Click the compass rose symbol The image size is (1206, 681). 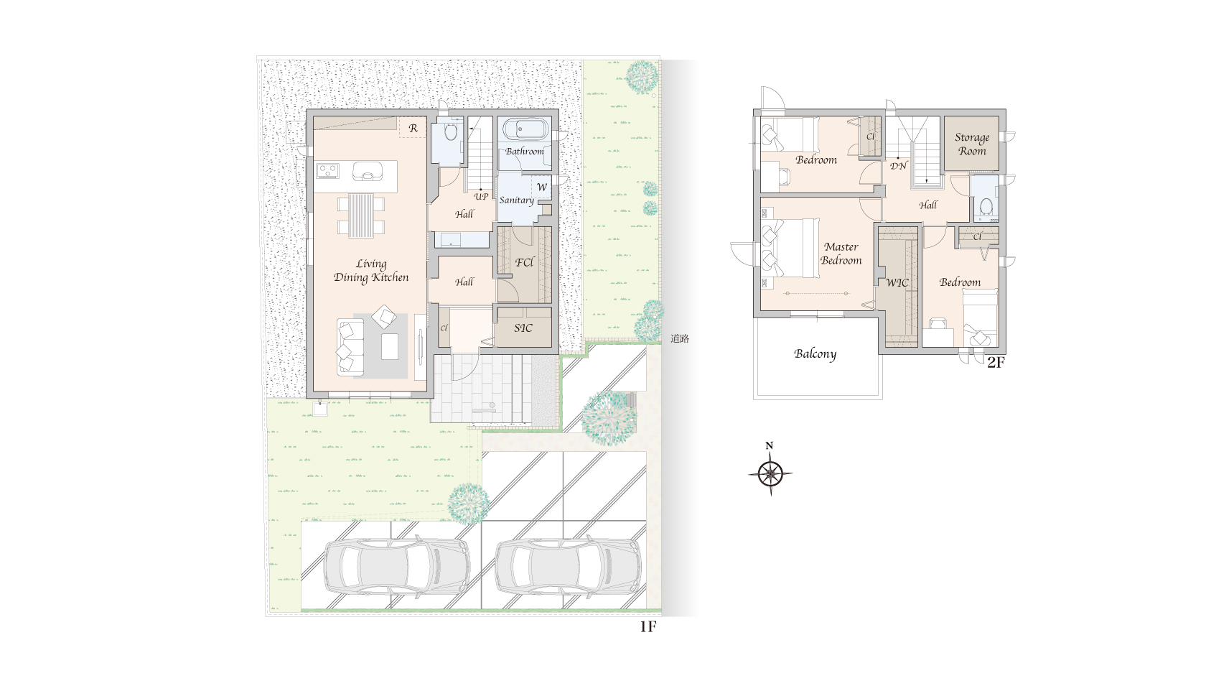(770, 474)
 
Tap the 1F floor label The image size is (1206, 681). (648, 626)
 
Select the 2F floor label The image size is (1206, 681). (996, 363)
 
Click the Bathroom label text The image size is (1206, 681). (524, 152)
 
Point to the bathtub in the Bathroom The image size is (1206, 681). (525, 130)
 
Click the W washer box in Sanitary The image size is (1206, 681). (541, 187)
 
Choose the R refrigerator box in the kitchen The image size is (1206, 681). (413, 128)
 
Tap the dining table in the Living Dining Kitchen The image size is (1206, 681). (361, 216)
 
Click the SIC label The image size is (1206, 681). (523, 328)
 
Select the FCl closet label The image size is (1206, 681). (524, 262)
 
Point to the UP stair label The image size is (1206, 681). (481, 197)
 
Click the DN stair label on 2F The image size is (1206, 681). (898, 166)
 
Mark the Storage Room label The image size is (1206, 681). (972, 144)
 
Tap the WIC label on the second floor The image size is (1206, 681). (897, 283)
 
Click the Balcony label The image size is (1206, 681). (815, 354)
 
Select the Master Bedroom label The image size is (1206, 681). (841, 254)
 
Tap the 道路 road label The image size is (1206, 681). (680, 339)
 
